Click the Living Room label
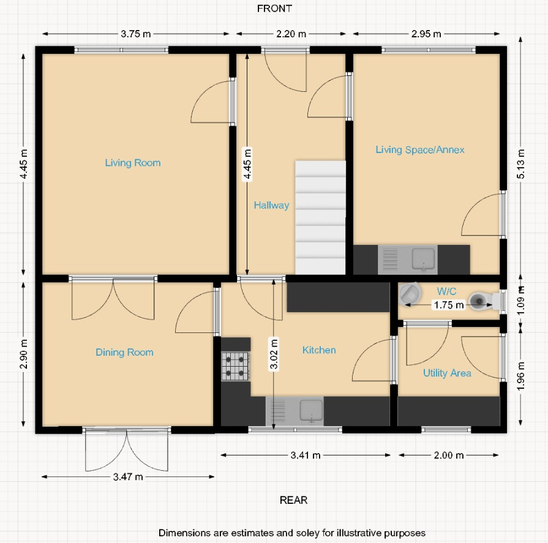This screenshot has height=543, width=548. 133,163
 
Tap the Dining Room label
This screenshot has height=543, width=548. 124,353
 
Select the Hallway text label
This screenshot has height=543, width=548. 271,206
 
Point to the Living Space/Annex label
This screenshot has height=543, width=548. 420,150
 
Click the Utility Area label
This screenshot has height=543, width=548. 447,373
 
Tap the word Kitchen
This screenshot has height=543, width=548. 319,350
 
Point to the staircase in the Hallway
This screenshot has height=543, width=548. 320,217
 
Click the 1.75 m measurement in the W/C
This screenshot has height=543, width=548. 448,304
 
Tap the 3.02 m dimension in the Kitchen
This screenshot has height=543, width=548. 274,354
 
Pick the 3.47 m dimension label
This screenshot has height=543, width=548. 129,476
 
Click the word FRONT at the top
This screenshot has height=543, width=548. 274,9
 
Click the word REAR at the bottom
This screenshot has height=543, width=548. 293,500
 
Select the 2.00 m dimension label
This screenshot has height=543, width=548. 449,455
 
